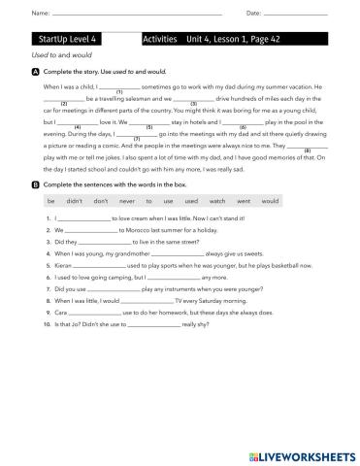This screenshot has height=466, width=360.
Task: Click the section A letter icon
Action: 36,73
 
